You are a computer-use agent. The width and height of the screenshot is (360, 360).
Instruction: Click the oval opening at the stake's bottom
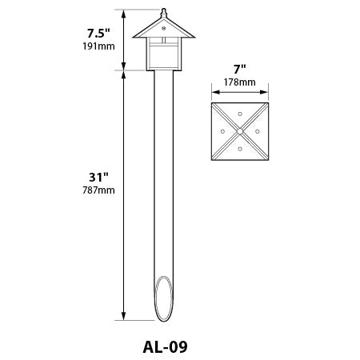[x=163, y=299]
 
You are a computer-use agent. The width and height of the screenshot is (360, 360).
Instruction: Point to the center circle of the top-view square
[x=239, y=129]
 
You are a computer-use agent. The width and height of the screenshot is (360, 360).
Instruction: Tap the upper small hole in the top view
[x=239, y=113]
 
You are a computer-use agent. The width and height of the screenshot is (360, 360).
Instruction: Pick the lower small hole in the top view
[x=239, y=147]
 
